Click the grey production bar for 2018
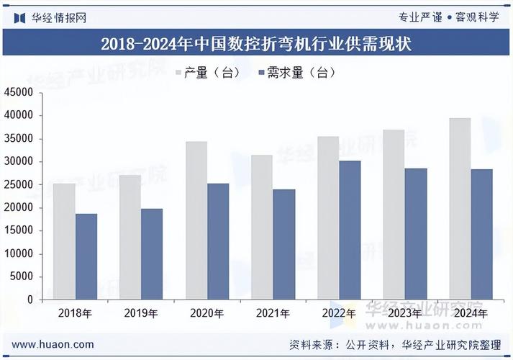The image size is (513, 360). point(64,241)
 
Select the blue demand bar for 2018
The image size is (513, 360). point(86,256)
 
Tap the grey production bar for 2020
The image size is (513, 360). point(196,220)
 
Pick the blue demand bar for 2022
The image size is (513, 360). point(350,230)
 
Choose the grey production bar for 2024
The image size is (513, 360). point(459,209)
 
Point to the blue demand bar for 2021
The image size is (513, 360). point(284,244)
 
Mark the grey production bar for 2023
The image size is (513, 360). point(394,215)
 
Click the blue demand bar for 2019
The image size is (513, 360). point(152,253)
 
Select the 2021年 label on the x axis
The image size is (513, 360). point(273,313)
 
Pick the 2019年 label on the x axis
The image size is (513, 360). point(141,313)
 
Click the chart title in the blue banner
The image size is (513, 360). point(256,44)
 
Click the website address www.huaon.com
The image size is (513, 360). point(53,344)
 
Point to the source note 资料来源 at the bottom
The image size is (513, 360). point(394,344)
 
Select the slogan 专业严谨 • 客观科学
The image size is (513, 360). point(448,17)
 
